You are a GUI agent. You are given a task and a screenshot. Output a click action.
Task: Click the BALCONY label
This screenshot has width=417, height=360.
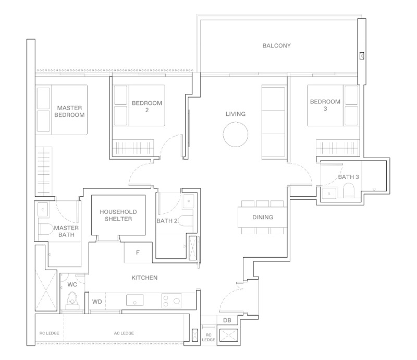[x=277, y=45]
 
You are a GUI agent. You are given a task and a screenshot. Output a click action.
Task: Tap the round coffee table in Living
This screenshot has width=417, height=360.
[x=236, y=135]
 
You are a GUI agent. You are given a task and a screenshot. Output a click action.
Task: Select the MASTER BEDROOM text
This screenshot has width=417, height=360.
[x=69, y=111]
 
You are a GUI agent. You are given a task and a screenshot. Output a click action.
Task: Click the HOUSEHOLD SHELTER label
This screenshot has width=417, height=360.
[x=118, y=215]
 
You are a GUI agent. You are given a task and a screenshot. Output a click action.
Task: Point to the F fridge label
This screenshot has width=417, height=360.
[x=138, y=253]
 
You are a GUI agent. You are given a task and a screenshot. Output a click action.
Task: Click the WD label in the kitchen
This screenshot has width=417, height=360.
[x=97, y=302]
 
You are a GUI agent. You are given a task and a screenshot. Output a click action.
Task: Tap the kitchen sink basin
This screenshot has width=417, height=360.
[x=134, y=300]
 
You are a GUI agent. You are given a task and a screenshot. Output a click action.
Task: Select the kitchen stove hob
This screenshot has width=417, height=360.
[x=171, y=301]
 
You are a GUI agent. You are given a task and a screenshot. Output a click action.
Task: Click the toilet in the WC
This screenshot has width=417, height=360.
[x=72, y=301]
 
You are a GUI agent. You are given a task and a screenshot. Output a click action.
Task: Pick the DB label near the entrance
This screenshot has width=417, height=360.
[x=227, y=320]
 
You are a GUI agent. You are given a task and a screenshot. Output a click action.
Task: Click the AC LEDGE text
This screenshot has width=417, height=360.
[x=124, y=333]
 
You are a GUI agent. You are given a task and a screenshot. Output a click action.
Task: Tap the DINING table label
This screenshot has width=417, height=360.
[x=263, y=217]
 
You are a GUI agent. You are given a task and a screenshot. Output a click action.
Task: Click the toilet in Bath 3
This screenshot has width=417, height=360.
[x=349, y=191]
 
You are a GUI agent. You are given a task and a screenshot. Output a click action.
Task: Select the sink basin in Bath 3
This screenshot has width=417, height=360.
[x=329, y=194]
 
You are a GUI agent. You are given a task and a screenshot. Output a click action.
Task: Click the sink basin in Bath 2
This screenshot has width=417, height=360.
[x=189, y=201]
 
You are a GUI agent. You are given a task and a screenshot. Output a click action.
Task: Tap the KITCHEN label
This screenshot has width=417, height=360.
[x=144, y=278]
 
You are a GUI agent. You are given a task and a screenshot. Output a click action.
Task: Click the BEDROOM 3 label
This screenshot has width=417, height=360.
[x=325, y=105]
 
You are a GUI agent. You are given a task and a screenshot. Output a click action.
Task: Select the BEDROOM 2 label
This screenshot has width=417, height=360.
[x=147, y=106]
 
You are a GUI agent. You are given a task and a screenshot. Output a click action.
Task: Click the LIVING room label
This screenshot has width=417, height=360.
[x=236, y=114]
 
